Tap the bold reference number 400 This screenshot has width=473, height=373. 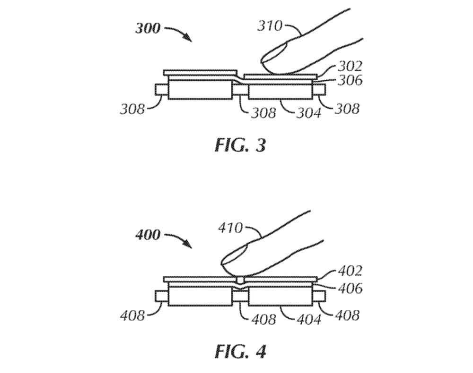click(x=148, y=234)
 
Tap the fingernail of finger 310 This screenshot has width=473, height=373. click(x=274, y=52)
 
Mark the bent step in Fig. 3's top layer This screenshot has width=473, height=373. click(x=238, y=77)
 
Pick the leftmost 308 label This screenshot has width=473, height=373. click(x=132, y=110)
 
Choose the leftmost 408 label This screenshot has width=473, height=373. click(x=132, y=315)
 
